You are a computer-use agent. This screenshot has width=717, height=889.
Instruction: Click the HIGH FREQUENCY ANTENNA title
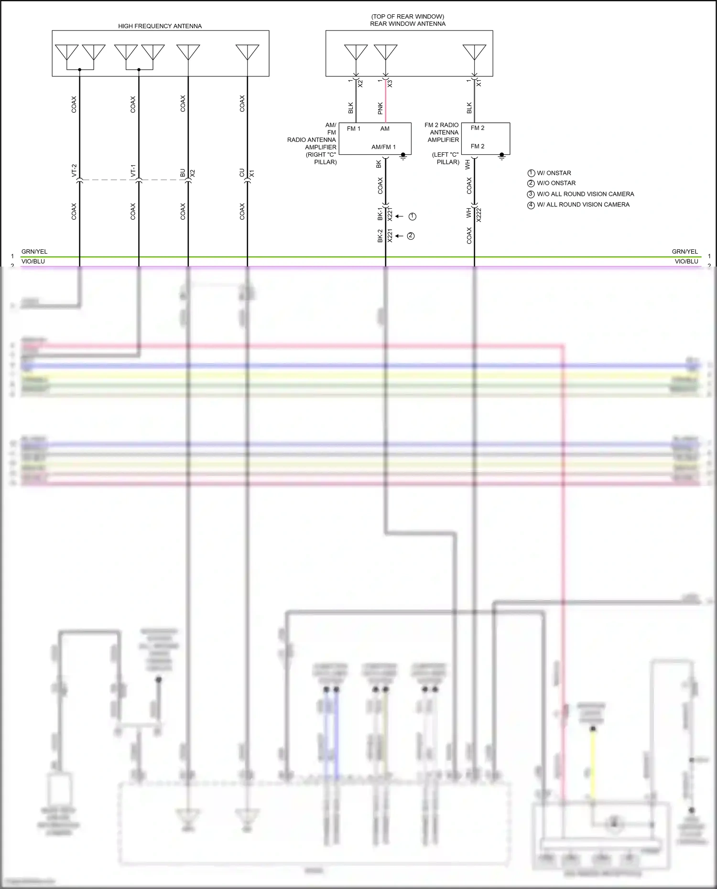coord(160,26)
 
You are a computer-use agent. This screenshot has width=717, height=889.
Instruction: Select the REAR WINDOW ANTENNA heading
coord(407,23)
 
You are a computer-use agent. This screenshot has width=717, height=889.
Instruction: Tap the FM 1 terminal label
coord(353,129)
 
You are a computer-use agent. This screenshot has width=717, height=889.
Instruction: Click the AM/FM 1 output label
coord(383,147)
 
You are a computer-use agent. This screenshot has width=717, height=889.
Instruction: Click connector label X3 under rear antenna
coord(390,83)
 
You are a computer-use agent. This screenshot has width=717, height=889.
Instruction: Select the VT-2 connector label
coord(74,171)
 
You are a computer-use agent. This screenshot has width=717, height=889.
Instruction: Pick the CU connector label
coord(242,172)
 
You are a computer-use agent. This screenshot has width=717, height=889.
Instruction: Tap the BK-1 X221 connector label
coord(385,214)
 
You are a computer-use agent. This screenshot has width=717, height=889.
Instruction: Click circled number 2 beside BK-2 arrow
coord(411,236)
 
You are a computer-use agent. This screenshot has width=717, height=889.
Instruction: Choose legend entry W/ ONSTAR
coord(554,173)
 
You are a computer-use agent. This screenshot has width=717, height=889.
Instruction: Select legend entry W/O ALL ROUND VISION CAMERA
coord(585,194)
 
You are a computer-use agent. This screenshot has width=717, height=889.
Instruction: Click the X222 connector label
coord(479,215)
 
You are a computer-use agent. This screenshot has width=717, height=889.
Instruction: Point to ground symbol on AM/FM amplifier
coord(403,156)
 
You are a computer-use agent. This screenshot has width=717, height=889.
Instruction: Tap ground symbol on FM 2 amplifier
coord(501,156)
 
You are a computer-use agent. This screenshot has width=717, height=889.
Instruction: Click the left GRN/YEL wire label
coord(34,252)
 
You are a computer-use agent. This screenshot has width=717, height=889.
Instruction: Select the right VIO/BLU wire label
coord(686,261)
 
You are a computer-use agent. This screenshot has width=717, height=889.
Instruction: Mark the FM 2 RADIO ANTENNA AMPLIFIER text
coord(442,132)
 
